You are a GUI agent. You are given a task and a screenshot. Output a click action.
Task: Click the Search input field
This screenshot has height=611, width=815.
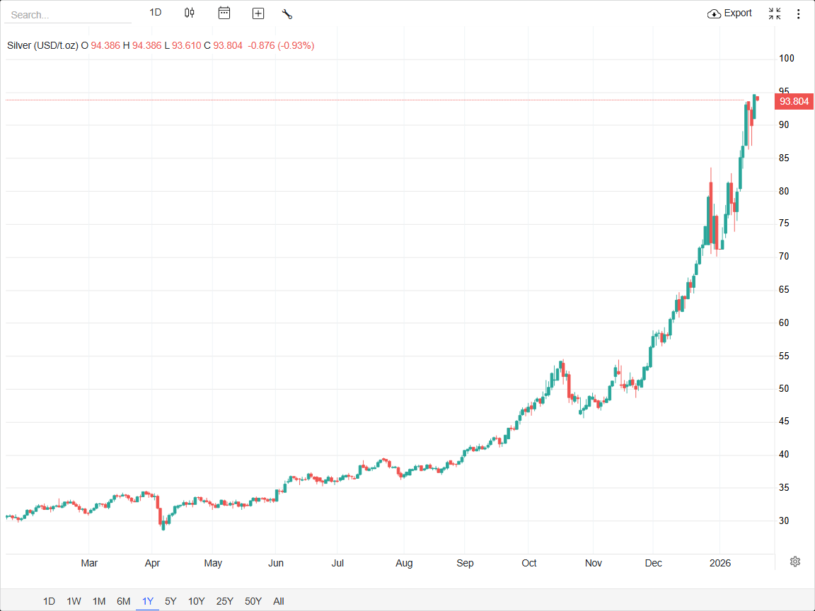tap(67, 15)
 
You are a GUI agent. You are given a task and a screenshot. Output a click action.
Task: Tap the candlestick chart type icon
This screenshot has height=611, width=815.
tap(189, 13)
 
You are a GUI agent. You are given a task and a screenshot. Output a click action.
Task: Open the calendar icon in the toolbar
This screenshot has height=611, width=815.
tap(224, 13)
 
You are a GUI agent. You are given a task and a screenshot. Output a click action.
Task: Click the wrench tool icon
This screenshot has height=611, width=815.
tap(287, 13)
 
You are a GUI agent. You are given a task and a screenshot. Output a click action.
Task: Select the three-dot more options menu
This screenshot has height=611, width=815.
tap(799, 13)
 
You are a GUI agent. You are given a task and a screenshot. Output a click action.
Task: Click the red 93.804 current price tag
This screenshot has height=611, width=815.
tap(794, 102)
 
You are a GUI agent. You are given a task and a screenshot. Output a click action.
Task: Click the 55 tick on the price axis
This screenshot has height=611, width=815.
tap(784, 356)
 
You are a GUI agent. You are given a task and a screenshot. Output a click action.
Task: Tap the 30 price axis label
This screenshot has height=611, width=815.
tap(784, 521)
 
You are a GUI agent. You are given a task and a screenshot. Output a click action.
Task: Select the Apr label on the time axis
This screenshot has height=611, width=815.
tap(152, 564)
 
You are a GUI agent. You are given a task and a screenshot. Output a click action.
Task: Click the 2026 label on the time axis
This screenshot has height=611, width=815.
tap(719, 564)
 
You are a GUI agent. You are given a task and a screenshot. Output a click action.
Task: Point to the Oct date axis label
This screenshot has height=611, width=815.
tap(529, 564)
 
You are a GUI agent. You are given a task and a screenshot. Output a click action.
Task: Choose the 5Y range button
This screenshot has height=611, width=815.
tap(170, 602)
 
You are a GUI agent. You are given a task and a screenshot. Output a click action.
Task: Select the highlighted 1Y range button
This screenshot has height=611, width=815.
tap(147, 602)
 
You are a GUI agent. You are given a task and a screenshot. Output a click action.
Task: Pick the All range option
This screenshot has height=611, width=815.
tap(279, 602)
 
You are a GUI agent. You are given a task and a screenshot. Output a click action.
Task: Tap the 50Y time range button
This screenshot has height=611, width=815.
tap(253, 602)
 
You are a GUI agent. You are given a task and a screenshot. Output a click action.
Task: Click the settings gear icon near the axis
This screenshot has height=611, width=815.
tap(795, 561)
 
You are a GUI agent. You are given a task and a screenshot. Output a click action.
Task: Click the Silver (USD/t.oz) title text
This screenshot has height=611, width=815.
tap(42, 45)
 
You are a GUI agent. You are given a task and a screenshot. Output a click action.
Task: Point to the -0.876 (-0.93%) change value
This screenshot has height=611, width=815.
tap(281, 45)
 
